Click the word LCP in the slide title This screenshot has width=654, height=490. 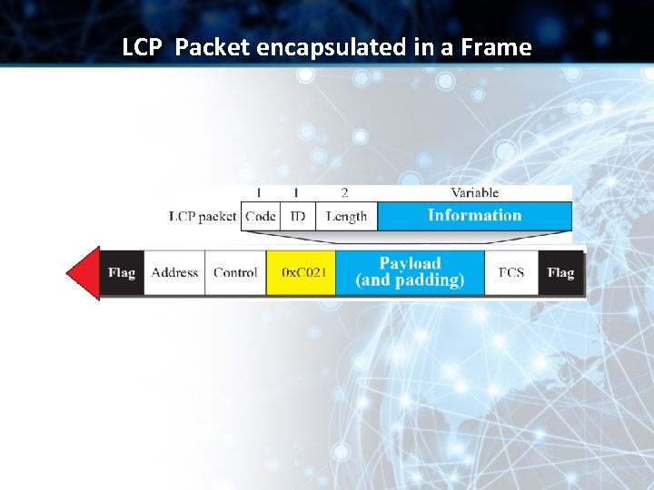pos(142,47)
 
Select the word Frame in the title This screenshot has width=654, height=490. pos(494,47)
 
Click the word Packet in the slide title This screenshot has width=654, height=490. pos(213,47)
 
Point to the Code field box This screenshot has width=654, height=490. pos(260,216)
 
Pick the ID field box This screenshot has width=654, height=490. pos(297,216)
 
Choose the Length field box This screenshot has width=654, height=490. pos(346,216)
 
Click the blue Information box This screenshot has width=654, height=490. pos(474,216)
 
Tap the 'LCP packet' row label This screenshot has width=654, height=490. pos(203,216)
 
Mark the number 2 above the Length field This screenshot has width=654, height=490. pos(344,192)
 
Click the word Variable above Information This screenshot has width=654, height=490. pos(474,192)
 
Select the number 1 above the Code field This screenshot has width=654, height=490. pos(259,192)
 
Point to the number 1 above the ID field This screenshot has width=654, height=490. pos(296,192)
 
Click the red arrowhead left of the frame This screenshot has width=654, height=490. pos(84,272)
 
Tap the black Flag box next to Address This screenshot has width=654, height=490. pos(122,272)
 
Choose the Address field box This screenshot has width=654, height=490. pos(174,272)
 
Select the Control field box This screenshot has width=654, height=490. pos(235,272)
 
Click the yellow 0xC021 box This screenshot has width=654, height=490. pos(302,272)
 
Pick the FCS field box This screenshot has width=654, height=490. pos(510,272)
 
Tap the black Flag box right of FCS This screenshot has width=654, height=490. pos(560,272)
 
